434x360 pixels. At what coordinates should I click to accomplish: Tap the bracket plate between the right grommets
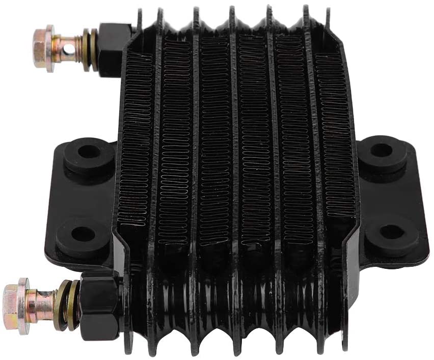[387, 192]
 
